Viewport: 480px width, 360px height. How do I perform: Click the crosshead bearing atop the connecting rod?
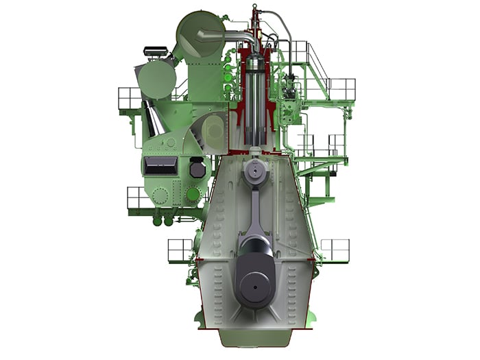[254, 171]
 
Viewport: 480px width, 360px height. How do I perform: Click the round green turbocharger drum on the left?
[157, 80]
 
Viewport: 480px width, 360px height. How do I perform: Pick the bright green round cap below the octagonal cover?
[193, 194]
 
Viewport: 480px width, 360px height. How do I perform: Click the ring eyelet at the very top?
[255, 7]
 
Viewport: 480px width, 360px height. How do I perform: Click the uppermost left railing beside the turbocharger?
[130, 98]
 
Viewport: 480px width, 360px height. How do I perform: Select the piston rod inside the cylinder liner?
[255, 110]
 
